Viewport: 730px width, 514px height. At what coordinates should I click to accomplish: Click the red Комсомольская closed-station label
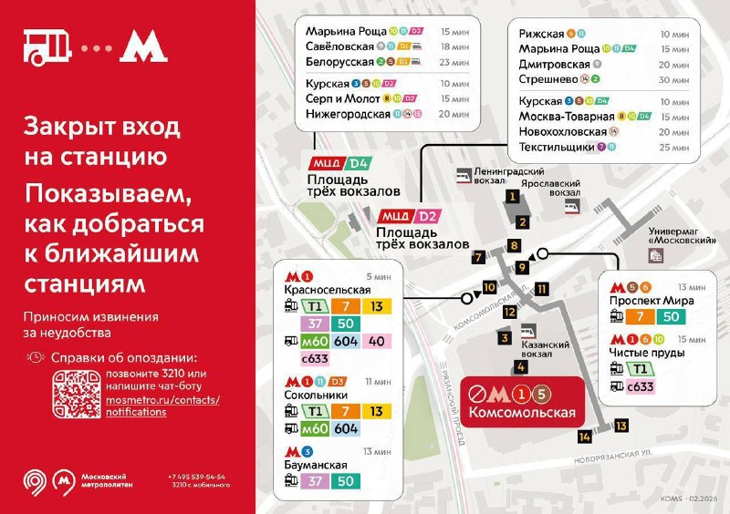click(x=523, y=403)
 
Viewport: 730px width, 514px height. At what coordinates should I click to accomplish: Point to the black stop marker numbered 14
click(x=585, y=437)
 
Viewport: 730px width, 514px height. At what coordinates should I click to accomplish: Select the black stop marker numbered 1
click(x=514, y=196)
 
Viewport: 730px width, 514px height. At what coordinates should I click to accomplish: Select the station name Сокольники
click(x=318, y=396)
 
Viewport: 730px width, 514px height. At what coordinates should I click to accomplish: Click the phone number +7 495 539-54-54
click(x=197, y=477)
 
